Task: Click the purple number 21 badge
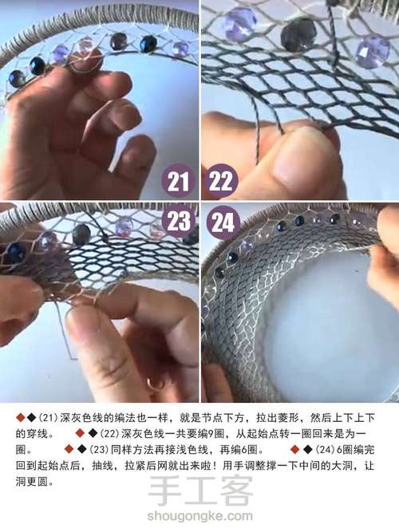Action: [x=180, y=181]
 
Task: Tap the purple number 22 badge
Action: [x=219, y=181]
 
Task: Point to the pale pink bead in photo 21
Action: [x=84, y=47]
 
